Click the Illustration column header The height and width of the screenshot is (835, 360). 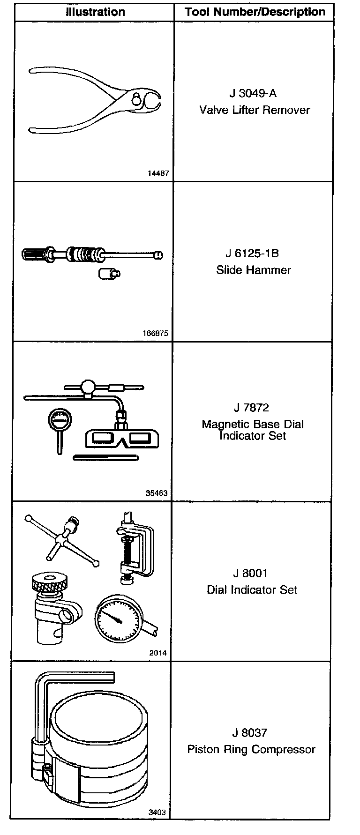(95, 12)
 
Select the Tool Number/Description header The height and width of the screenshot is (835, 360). (255, 12)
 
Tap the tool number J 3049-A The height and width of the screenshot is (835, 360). (253, 93)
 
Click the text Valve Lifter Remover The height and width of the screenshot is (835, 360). (255, 110)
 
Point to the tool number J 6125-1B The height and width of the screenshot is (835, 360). (252, 253)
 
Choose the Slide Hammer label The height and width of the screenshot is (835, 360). (254, 270)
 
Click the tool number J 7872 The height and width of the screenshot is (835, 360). (252, 407)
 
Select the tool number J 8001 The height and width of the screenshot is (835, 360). (252, 573)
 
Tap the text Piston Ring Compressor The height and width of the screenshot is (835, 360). (252, 749)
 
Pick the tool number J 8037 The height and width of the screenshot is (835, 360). (252, 732)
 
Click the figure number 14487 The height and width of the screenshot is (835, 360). (158, 173)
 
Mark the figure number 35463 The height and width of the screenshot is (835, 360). (157, 493)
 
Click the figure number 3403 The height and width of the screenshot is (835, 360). (157, 813)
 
